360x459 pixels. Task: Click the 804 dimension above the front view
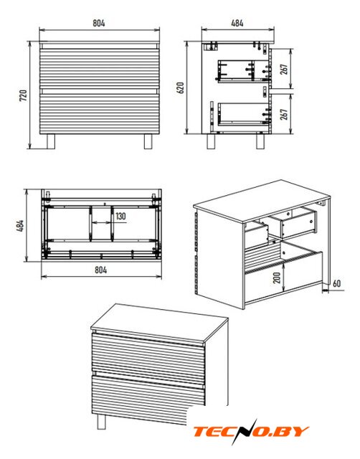pyautogui.click(x=99, y=23)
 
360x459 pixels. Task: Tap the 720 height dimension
pyautogui.click(x=23, y=95)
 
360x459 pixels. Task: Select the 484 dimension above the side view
pyautogui.click(x=237, y=23)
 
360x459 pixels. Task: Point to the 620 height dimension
pyautogui.click(x=180, y=87)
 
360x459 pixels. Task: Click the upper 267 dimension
pyautogui.click(x=284, y=69)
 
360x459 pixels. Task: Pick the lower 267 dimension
pyautogui.click(x=284, y=114)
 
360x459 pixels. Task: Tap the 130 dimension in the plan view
pyautogui.click(x=120, y=216)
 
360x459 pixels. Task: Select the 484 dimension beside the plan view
pyautogui.click(x=20, y=226)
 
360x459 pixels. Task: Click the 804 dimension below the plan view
pyautogui.click(x=100, y=270)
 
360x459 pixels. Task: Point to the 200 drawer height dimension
pyautogui.click(x=277, y=278)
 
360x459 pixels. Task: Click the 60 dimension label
pyautogui.click(x=336, y=283)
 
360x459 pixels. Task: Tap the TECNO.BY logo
pyautogui.click(x=251, y=432)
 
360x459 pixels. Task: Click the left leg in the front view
pyautogui.click(x=51, y=142)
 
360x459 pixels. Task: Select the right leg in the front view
pyautogui.click(x=148, y=142)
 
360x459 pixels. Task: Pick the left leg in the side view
pyautogui.click(x=212, y=141)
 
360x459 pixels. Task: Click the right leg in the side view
pyautogui.click(x=260, y=141)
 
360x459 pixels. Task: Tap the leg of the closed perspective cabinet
pyautogui.click(x=101, y=422)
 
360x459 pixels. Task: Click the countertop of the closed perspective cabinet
pyautogui.click(x=159, y=324)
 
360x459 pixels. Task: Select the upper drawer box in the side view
pyautogui.click(x=244, y=71)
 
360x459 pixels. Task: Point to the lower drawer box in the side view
pyautogui.click(x=244, y=114)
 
